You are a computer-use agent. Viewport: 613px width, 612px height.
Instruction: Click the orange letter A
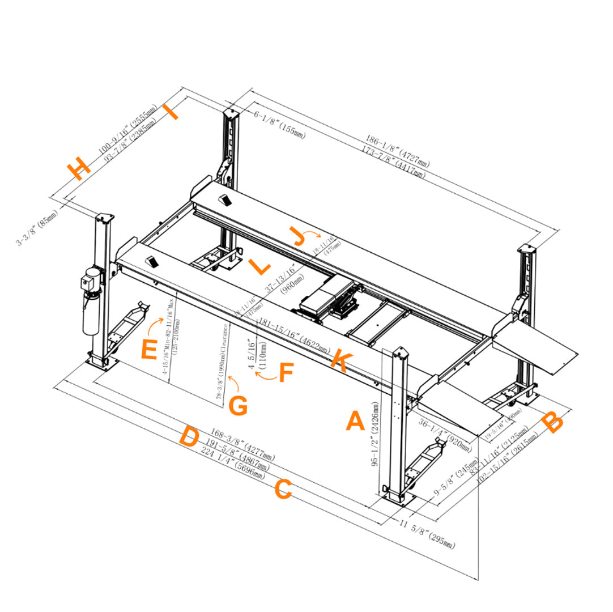point(355,422)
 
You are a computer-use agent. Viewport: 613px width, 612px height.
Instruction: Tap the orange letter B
point(552,422)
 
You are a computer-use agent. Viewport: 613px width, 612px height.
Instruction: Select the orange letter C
point(283,489)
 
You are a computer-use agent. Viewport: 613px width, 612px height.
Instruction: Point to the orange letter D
point(189,437)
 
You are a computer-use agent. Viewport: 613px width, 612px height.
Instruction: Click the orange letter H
point(78,168)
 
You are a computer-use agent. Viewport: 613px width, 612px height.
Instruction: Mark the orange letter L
point(259,266)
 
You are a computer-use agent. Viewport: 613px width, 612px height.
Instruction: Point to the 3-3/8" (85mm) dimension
point(37,228)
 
